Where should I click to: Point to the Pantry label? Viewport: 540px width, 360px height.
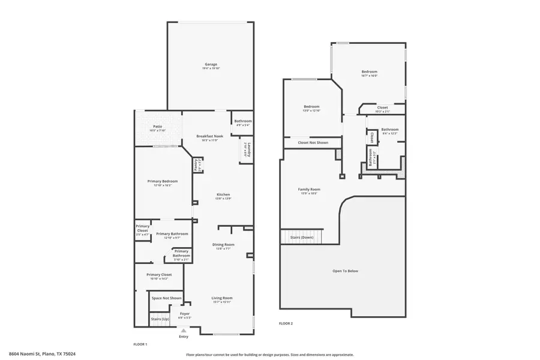pos(197,163)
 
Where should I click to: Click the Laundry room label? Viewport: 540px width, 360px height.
pos(246,150)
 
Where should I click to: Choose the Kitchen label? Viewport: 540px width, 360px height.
pos(224,196)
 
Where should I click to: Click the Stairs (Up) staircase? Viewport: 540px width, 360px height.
pos(160,319)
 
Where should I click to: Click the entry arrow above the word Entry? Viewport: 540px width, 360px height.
pos(184,330)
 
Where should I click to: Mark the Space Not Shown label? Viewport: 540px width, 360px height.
pos(166,298)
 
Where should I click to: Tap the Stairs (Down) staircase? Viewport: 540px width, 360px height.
pos(301,237)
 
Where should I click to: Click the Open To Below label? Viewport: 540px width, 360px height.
pos(345,271)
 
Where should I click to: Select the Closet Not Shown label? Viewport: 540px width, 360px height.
pos(313,143)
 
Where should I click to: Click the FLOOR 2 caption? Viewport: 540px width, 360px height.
pos(286,323)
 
